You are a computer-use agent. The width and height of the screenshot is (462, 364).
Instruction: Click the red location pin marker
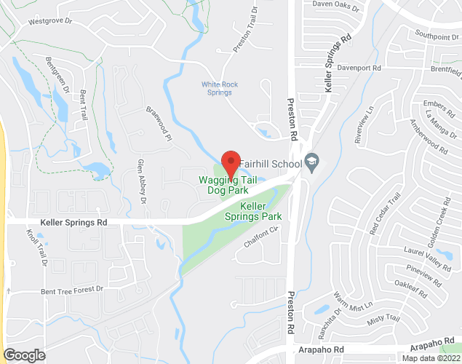pyautogui.click(x=231, y=164)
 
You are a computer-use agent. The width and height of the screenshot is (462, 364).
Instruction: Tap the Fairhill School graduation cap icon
pyautogui.click(x=312, y=161)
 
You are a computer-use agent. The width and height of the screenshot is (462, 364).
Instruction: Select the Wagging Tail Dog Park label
pyautogui.click(x=228, y=186)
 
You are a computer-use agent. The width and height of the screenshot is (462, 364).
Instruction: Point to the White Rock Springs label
pyautogui.click(x=220, y=89)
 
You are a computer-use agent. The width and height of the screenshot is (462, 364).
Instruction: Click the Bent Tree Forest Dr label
pyautogui.click(x=73, y=290)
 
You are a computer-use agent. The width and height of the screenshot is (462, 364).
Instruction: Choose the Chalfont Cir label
pyautogui.click(x=262, y=238)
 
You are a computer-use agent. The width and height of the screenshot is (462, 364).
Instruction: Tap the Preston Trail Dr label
pyautogui.click(x=246, y=30)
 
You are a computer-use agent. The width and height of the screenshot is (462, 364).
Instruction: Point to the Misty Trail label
pyautogui.click(x=384, y=318)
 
